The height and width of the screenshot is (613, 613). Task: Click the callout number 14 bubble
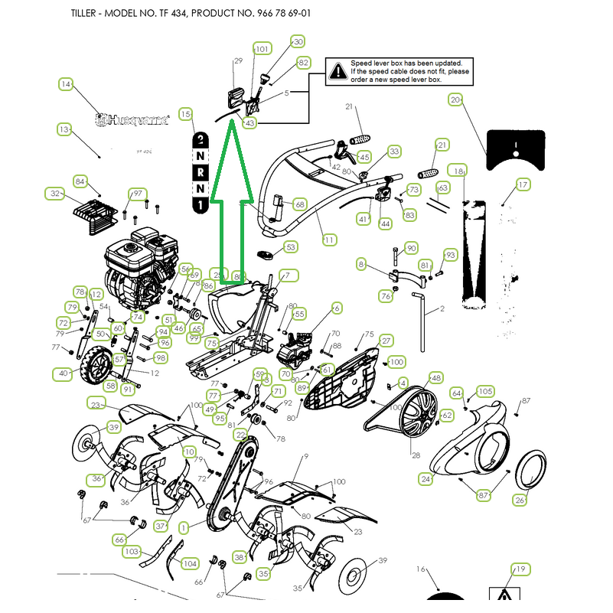pyautogui.click(x=65, y=84)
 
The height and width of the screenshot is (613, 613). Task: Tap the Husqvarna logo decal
pyautogui.click(x=132, y=119)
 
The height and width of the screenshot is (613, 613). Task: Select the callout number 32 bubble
pyautogui.click(x=54, y=194)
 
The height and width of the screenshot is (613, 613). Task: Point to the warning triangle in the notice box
pyautogui.click(x=337, y=71)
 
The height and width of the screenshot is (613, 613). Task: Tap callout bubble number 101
pyautogui.click(x=262, y=49)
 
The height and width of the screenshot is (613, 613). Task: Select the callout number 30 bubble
pyautogui.click(x=298, y=42)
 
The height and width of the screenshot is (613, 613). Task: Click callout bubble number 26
pyautogui.click(x=520, y=501)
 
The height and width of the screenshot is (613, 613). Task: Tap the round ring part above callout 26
pyautogui.click(x=533, y=469)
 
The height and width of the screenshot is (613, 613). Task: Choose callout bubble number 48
pyautogui.click(x=435, y=377)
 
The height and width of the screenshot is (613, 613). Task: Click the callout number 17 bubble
pyautogui.click(x=523, y=184)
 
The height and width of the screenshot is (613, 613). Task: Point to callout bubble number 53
pyautogui.click(x=290, y=247)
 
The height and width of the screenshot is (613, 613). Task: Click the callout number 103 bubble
pyautogui.click(x=132, y=551)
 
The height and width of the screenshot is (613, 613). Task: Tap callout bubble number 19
pyautogui.click(x=520, y=569)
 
